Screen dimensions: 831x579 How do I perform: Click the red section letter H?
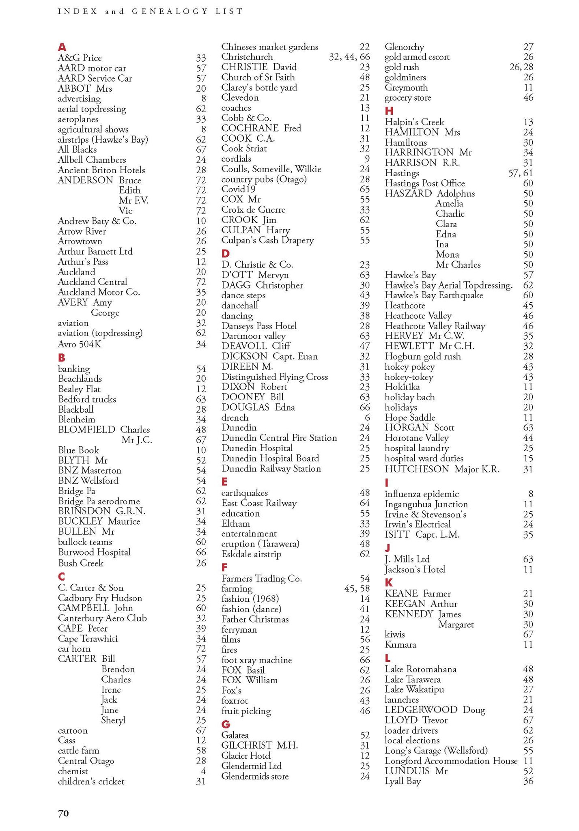click(x=389, y=111)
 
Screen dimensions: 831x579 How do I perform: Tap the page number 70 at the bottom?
click(x=64, y=813)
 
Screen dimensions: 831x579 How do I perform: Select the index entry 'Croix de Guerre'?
click(x=253, y=210)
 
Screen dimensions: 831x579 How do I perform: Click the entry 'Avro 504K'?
click(x=80, y=344)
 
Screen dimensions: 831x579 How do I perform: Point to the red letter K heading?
click(x=389, y=582)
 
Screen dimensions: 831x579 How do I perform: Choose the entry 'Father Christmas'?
click(x=255, y=619)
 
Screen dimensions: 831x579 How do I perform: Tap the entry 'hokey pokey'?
click(x=409, y=367)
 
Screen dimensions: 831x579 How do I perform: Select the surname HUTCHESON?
click(x=417, y=469)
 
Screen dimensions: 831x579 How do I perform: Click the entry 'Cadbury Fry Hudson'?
click(x=100, y=598)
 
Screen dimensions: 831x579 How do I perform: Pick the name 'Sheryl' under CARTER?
click(x=113, y=720)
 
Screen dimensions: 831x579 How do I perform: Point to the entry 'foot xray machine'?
click(x=256, y=660)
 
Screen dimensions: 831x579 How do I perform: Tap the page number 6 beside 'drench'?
click(x=367, y=418)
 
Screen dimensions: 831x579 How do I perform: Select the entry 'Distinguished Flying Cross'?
click(x=274, y=377)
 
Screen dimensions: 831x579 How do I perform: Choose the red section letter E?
click(x=224, y=482)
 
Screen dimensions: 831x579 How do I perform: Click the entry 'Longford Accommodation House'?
click(x=451, y=761)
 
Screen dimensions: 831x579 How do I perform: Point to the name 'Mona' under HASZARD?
click(x=447, y=254)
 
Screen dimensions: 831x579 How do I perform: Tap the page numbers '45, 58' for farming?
click(x=357, y=588)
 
